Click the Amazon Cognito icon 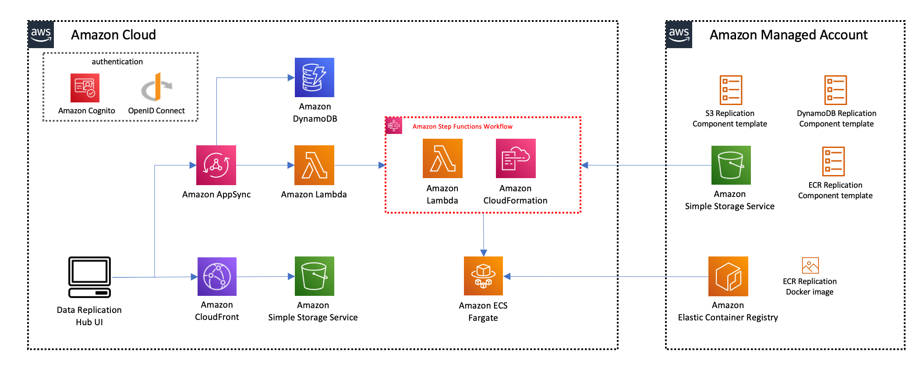click(85, 88)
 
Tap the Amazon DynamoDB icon click(314, 77)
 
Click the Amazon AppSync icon click(216, 165)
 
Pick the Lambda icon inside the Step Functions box click(442, 158)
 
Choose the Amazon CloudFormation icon click(516, 158)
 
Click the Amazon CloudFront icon click(217, 277)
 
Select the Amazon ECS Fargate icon click(483, 276)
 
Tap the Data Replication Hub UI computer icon click(89, 277)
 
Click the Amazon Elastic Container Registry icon click(728, 277)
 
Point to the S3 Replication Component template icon click(731, 90)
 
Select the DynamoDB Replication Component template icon click(835, 90)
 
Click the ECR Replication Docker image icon click(810, 265)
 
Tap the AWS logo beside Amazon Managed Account click(679, 35)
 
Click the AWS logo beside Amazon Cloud click(41, 35)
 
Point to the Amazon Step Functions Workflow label click(462, 126)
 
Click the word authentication click(117, 62)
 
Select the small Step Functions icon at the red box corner click(394, 126)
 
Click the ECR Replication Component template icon click(833, 161)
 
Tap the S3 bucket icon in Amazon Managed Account click(731, 165)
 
